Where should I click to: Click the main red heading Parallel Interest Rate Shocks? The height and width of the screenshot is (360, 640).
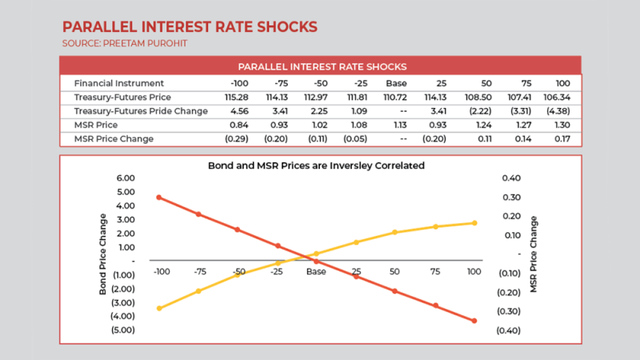(x=190, y=26)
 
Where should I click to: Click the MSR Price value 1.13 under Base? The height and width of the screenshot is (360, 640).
(x=398, y=125)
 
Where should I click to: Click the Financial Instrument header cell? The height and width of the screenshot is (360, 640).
(x=118, y=83)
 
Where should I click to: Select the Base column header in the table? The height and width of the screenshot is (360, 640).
(x=398, y=83)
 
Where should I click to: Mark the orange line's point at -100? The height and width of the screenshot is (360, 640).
(x=159, y=197)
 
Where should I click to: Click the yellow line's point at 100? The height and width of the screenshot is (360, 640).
(x=474, y=222)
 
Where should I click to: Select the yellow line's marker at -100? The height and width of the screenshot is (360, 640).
(x=159, y=308)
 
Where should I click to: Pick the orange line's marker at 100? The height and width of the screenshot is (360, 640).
(x=474, y=321)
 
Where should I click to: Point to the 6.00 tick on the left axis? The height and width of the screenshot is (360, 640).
(x=126, y=178)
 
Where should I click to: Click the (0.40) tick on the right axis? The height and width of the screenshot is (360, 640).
(x=509, y=330)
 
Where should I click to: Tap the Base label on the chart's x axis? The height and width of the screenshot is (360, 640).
(x=316, y=272)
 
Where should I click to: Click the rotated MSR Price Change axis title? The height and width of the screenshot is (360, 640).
(x=534, y=254)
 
